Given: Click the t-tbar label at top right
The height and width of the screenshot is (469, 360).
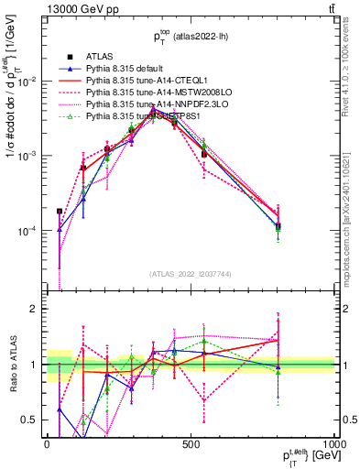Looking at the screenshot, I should click(x=328, y=10).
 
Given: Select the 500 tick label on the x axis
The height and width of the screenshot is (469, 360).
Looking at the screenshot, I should click(x=190, y=444).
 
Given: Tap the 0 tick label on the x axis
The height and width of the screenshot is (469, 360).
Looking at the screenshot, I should click(x=47, y=444).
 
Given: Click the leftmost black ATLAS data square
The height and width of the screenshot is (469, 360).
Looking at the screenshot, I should click(x=60, y=211).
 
